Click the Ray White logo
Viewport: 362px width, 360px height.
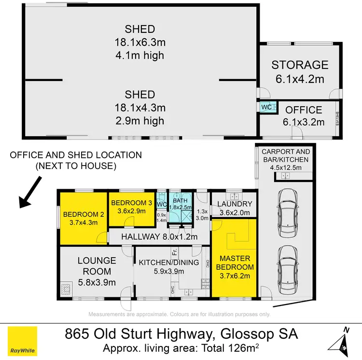[x=22, y=341]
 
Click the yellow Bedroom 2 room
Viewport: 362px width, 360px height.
[x=80, y=218]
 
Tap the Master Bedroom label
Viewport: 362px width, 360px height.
[x=235, y=272]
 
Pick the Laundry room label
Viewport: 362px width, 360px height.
[x=235, y=208]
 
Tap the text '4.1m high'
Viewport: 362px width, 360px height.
[x=140, y=55]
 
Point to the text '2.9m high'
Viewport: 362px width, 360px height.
[x=140, y=121]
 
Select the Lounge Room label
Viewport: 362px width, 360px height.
[x=97, y=271]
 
